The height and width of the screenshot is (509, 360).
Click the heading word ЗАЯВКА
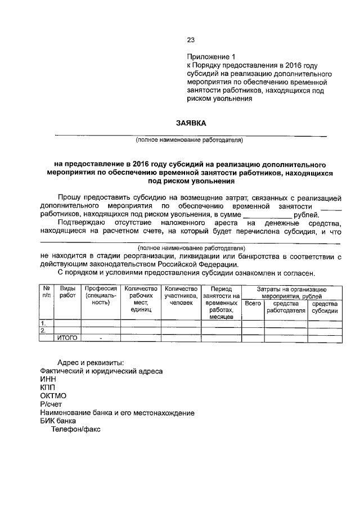[190, 123]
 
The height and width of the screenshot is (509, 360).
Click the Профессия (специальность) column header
[101, 295]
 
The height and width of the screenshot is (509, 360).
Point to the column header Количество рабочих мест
[137, 299]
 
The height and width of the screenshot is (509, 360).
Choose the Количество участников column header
[181, 295]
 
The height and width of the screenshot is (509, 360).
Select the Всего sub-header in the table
[253, 303]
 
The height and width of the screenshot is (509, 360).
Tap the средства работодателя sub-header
[286, 306]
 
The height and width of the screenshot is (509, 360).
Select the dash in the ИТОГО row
[101, 338]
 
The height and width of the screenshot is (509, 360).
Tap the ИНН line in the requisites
[48, 380]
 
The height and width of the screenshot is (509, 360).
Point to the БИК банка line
[58, 420]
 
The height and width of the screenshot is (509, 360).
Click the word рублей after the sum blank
[307, 214]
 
